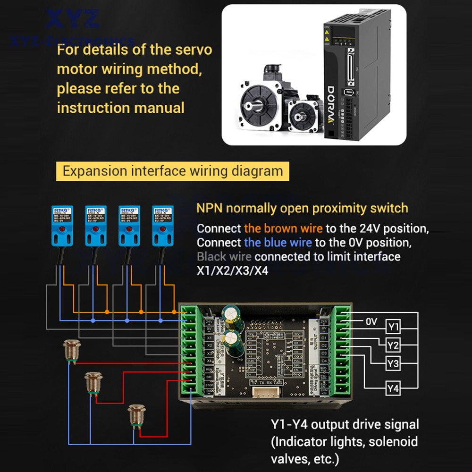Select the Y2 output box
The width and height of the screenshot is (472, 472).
tap(393, 346)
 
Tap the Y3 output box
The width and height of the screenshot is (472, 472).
tap(393, 364)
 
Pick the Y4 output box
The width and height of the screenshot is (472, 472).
tap(393, 388)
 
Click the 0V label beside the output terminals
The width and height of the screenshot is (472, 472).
tap(371, 321)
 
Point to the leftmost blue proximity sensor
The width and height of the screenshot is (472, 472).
tap(61, 226)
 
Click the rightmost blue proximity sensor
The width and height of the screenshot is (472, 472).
tap(162, 226)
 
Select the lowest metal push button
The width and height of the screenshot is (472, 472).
tap(136, 413)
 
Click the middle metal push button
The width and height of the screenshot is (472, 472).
tap(93, 383)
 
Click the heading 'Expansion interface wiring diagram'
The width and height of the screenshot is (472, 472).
tap(172, 171)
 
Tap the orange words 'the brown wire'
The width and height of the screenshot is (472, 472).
tap(283, 228)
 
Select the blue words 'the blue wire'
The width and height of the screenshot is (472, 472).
tap(278, 243)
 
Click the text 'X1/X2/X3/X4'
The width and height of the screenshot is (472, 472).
tap(232, 271)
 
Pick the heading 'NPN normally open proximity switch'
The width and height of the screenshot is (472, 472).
tap(302, 208)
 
